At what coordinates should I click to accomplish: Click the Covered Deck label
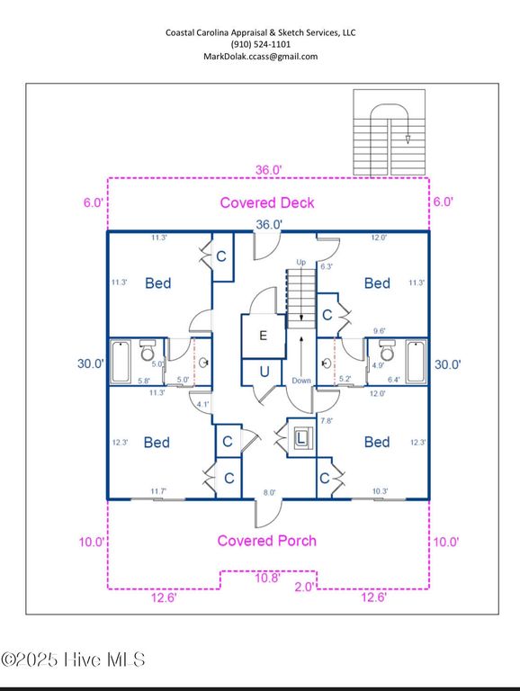pyautogui.click(x=267, y=202)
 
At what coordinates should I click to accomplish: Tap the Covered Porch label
pyautogui.click(x=266, y=541)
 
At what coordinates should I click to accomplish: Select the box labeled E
pyautogui.click(x=263, y=336)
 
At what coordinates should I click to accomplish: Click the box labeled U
pyautogui.click(x=264, y=371)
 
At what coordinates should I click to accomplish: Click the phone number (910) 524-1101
pyautogui.click(x=260, y=44)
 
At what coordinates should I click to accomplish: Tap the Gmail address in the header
pyautogui.click(x=260, y=56)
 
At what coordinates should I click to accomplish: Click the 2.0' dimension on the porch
pyautogui.click(x=304, y=587)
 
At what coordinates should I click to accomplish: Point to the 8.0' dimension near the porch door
pyautogui.click(x=270, y=491)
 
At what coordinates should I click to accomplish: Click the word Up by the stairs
pyautogui.click(x=301, y=262)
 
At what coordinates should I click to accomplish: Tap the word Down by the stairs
pyautogui.click(x=301, y=381)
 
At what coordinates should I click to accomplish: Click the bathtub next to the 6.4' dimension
pyautogui.click(x=416, y=361)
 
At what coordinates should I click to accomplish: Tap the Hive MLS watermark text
pyautogui.click(x=74, y=661)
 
